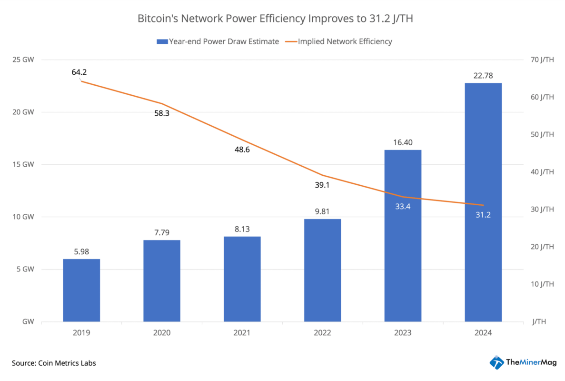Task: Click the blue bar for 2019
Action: (x=81, y=290)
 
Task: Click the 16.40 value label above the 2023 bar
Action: (x=403, y=142)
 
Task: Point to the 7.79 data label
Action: (x=161, y=232)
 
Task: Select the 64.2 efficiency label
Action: (x=79, y=72)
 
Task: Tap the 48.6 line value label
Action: (x=241, y=150)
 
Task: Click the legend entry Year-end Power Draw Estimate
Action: (x=218, y=41)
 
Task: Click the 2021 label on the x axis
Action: (x=242, y=333)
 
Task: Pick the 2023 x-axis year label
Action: (x=403, y=333)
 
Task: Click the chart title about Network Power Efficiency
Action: (x=278, y=19)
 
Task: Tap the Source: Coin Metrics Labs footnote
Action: (x=54, y=363)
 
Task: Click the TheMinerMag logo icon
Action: (x=496, y=362)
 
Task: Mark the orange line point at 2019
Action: (x=81, y=81)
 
